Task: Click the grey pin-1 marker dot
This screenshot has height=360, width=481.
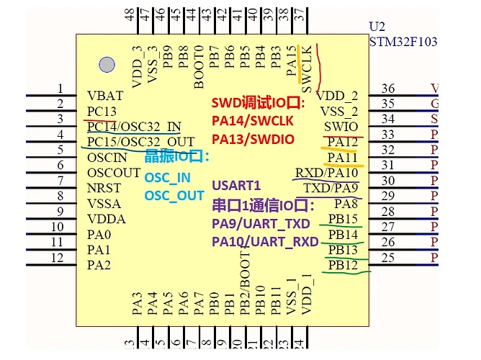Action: tap(107, 66)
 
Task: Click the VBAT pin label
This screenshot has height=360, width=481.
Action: tap(105, 95)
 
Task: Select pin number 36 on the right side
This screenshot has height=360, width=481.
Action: tap(388, 89)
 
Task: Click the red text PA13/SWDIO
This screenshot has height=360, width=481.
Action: tap(253, 139)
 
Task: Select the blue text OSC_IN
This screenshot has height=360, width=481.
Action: tap(168, 178)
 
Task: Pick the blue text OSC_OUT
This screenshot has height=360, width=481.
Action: tap(174, 196)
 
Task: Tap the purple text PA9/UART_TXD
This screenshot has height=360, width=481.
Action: tap(264, 223)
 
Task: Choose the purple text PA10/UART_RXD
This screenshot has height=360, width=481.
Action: tap(266, 242)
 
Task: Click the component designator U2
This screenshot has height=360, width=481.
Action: tap(377, 25)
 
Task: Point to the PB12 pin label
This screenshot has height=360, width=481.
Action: tap(343, 266)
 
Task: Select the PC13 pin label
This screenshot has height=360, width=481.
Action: tap(102, 111)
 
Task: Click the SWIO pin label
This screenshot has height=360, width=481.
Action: tap(343, 127)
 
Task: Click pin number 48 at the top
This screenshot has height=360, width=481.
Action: tap(129, 14)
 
